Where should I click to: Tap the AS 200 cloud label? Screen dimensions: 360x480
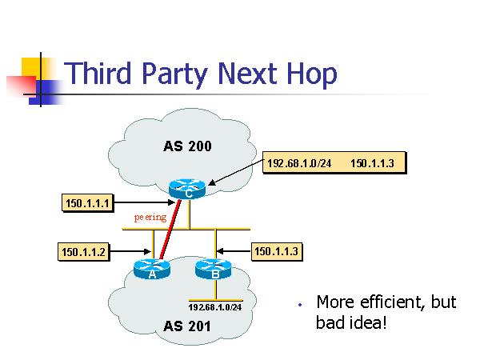188,146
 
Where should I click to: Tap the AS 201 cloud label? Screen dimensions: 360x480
188,326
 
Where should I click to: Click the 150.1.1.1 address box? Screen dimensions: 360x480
86,203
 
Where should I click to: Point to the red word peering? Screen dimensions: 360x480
150,217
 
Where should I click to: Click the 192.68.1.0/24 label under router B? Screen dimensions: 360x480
214,306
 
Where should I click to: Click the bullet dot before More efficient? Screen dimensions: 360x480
298,305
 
